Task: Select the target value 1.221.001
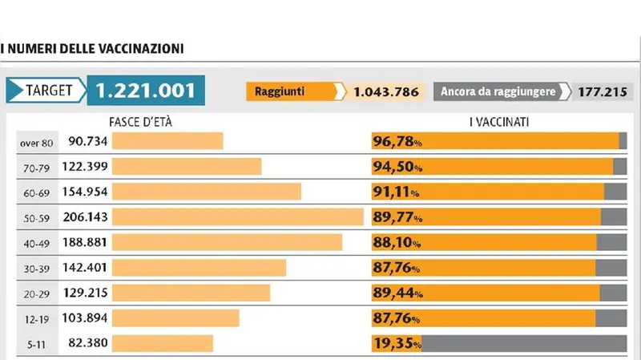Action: [x=145, y=91]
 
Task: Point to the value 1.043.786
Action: [x=386, y=91]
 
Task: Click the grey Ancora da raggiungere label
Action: [x=498, y=91]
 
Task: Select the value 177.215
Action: [x=601, y=91]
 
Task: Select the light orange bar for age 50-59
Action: [x=238, y=217]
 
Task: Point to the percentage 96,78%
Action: [x=397, y=142]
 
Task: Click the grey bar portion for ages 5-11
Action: [x=524, y=343]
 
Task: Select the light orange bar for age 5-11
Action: [x=163, y=343]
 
